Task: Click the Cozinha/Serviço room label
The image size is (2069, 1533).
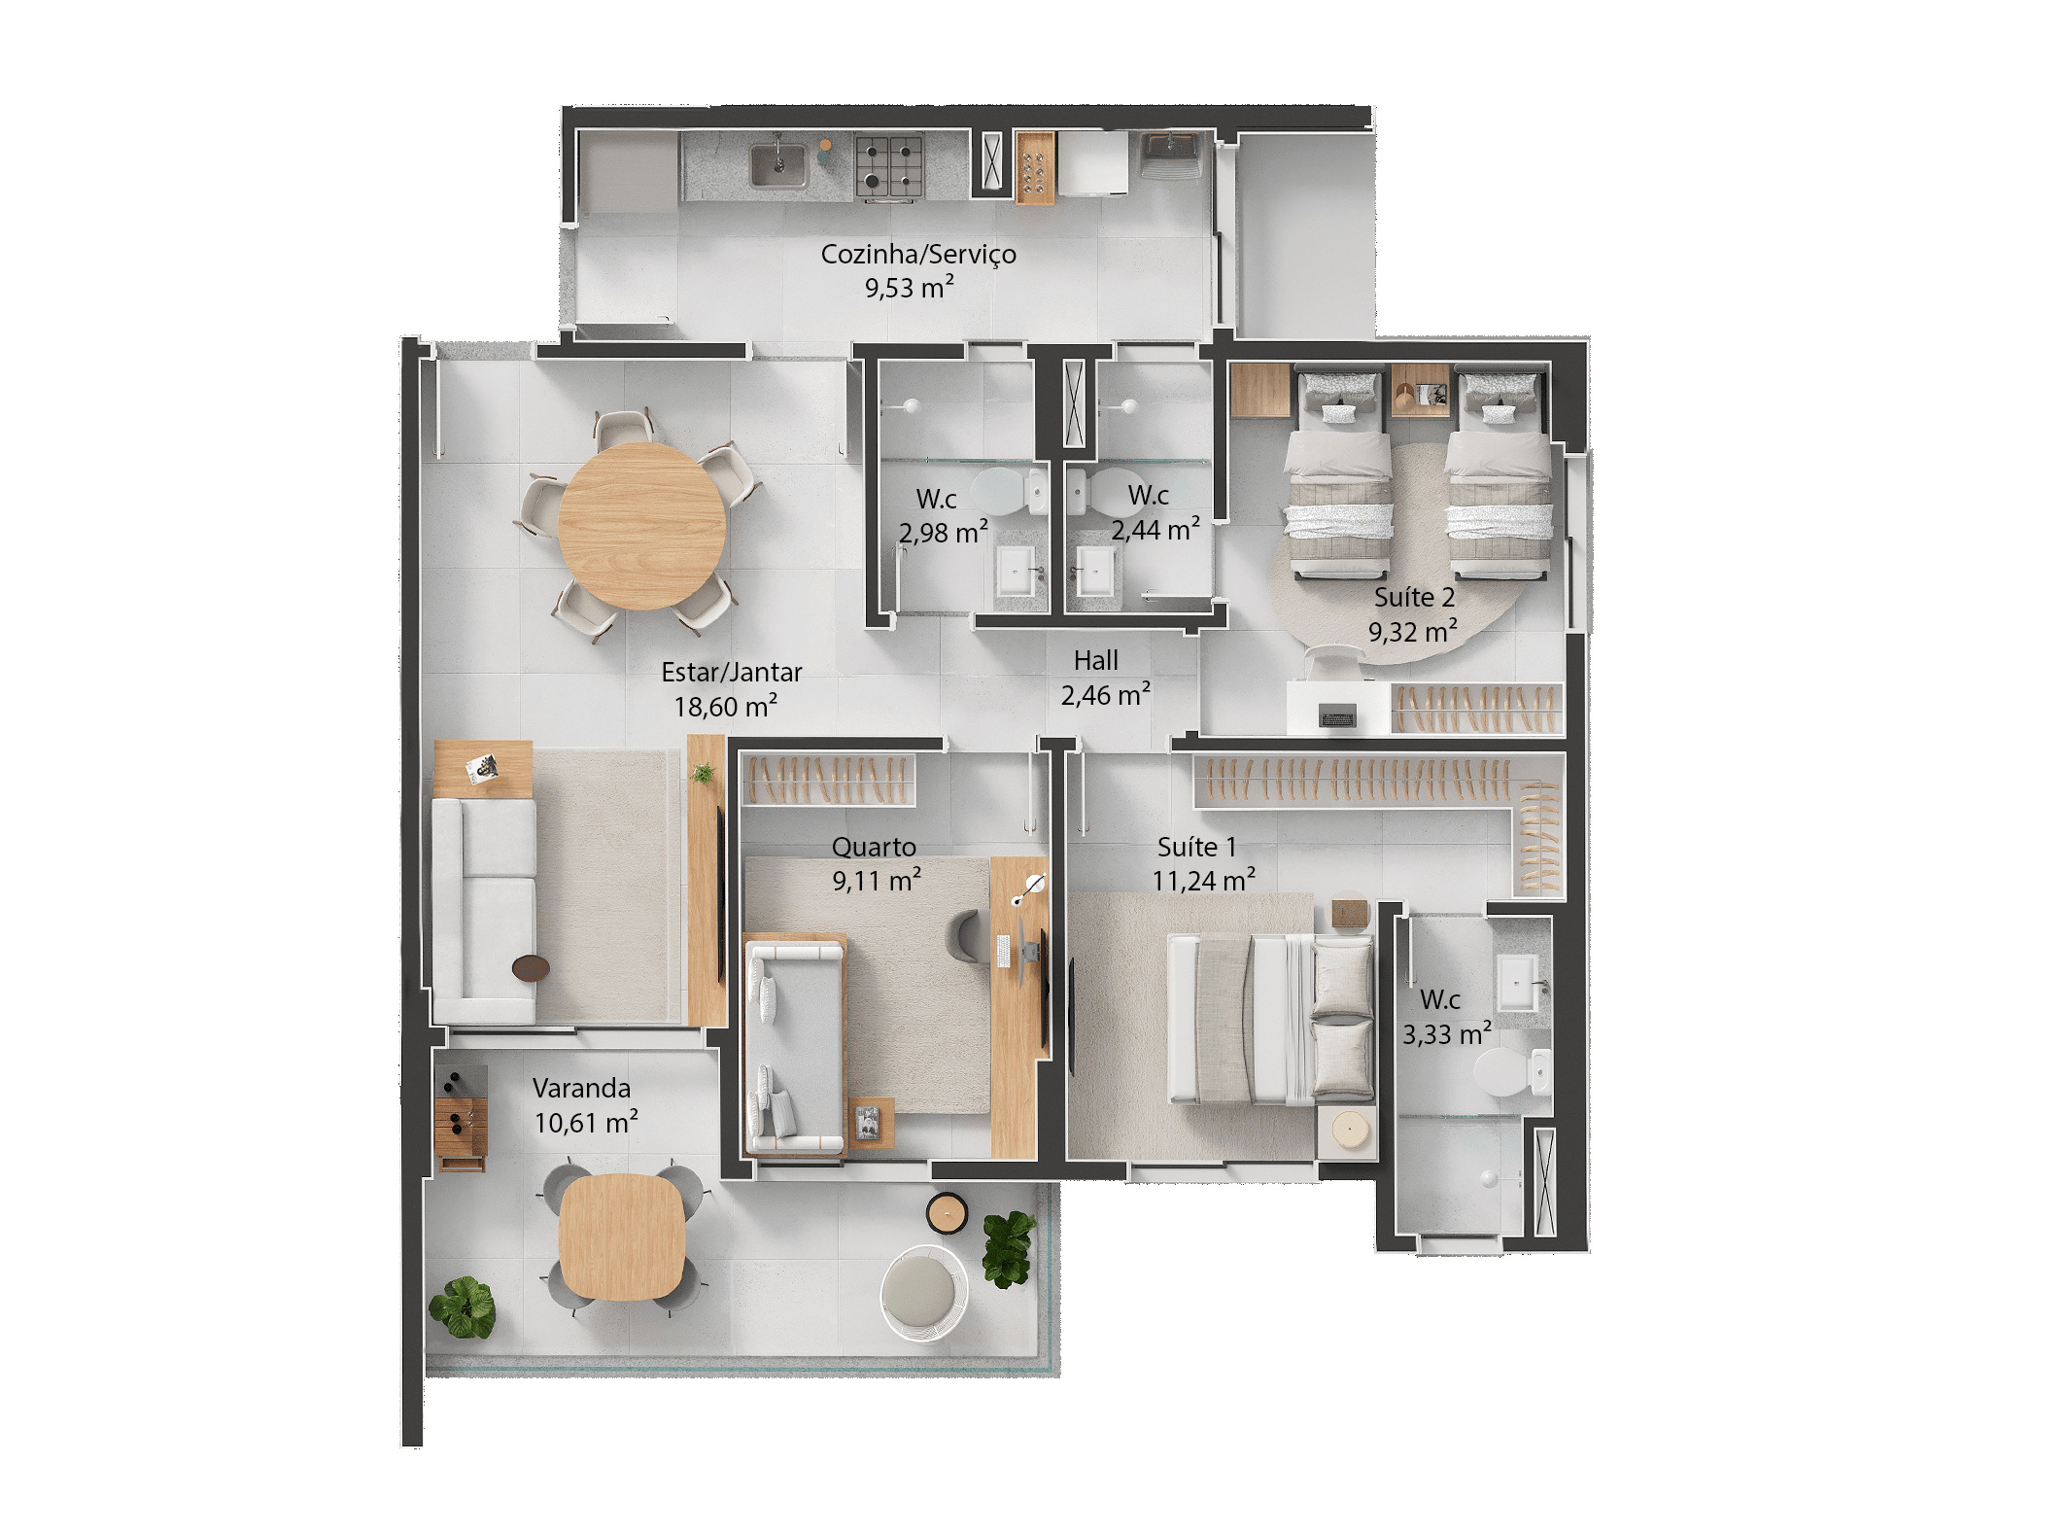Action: (x=917, y=254)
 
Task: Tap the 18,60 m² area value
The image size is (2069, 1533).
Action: (x=725, y=707)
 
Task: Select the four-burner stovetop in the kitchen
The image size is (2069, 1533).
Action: (x=888, y=166)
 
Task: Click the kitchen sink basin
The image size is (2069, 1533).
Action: (x=777, y=165)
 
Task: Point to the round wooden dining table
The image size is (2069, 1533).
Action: (x=641, y=526)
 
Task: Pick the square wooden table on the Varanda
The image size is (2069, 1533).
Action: (x=622, y=1237)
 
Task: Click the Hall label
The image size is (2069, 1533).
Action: (x=1095, y=661)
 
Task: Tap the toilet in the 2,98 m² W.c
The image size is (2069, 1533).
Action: (x=1007, y=492)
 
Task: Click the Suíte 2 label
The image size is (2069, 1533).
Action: (x=1414, y=597)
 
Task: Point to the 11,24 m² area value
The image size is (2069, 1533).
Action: (x=1203, y=881)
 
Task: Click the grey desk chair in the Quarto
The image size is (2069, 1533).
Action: (x=968, y=938)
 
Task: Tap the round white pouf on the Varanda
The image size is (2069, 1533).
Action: (x=922, y=1293)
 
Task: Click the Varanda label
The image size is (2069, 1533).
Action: (x=581, y=1088)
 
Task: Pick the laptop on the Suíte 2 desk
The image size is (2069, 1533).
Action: (x=1337, y=717)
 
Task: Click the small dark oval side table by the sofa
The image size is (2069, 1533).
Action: (x=531, y=967)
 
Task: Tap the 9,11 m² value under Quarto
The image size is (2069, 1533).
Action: (x=876, y=881)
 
